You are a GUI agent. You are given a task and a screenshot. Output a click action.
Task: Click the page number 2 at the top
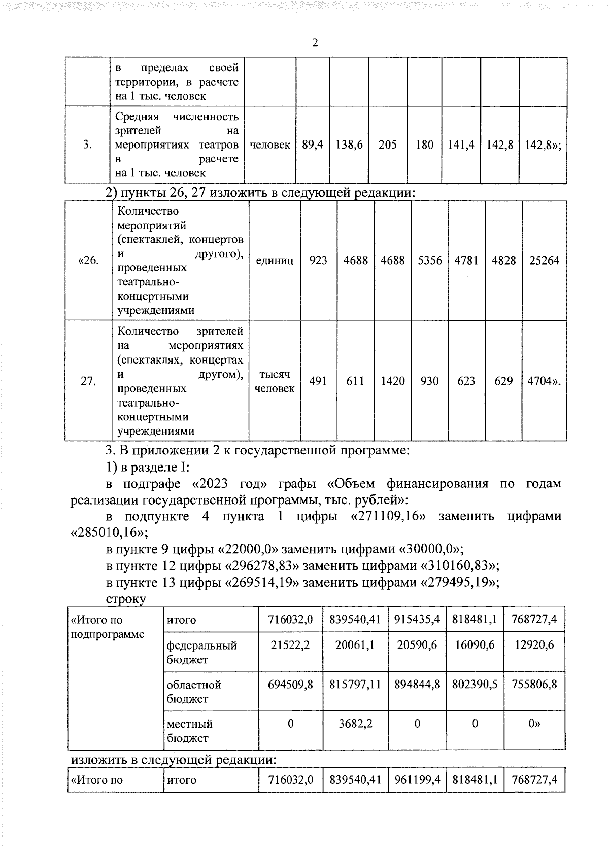315,43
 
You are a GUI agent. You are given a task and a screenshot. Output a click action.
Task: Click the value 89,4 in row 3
313,145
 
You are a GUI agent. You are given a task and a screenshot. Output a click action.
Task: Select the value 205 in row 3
388,145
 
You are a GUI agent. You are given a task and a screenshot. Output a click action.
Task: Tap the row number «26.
88,261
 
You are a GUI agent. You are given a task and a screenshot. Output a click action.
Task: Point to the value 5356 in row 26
430,261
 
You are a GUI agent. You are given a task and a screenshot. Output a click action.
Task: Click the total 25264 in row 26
544,261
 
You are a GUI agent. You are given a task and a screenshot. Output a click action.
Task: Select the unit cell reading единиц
275,261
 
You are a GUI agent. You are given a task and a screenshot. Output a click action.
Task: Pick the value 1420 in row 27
393,381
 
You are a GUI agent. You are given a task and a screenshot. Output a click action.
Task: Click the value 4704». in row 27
544,381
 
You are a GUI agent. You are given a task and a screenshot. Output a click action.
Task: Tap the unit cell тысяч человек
275,381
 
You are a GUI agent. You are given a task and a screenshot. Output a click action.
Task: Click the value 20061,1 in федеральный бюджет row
355,645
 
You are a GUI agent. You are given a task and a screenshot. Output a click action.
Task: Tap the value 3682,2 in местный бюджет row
355,724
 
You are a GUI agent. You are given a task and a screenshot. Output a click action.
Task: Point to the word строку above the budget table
126,599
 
